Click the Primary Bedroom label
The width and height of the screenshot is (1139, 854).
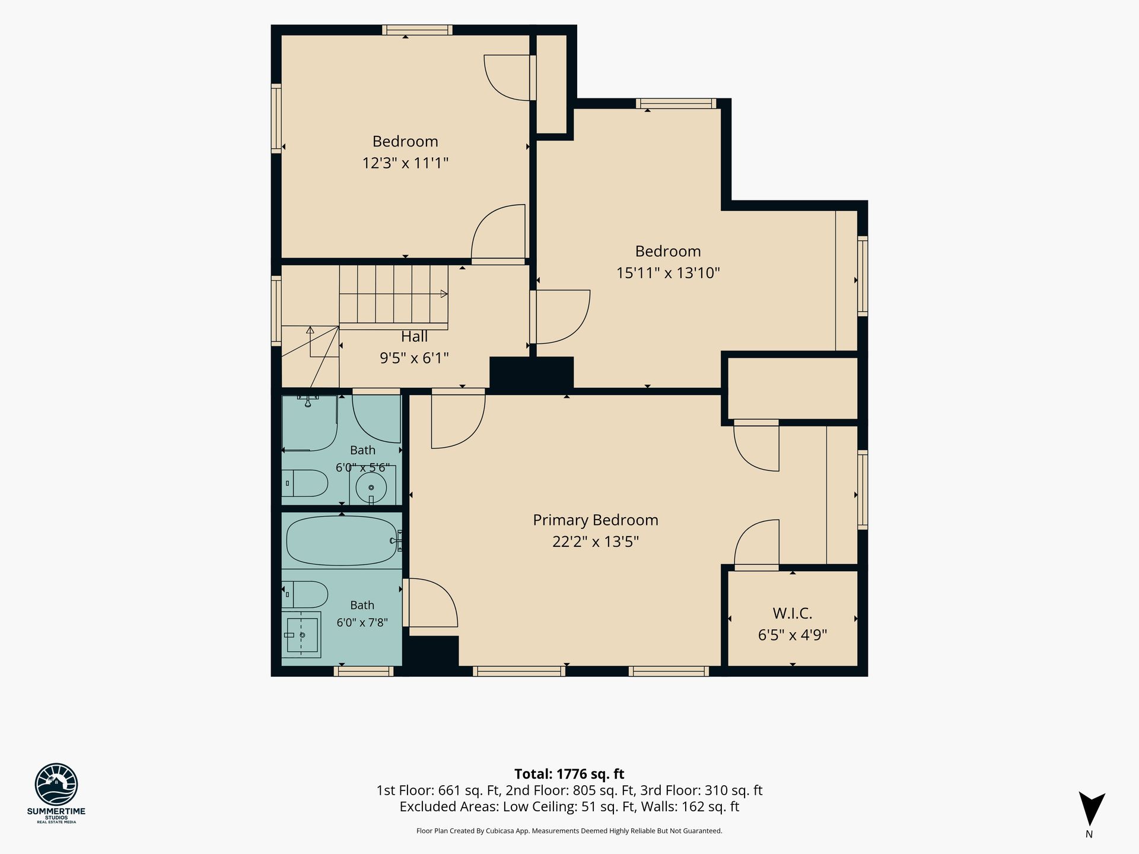pyautogui.click(x=596, y=520)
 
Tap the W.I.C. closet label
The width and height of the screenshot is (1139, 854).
pyautogui.click(x=793, y=613)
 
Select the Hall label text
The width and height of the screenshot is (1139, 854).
pyautogui.click(x=414, y=337)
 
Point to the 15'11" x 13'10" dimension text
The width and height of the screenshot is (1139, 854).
pyautogui.click(x=668, y=273)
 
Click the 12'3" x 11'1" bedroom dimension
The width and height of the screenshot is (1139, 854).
pyautogui.click(x=405, y=162)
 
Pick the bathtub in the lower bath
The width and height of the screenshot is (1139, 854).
pyautogui.click(x=343, y=540)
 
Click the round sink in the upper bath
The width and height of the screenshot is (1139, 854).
pyautogui.click(x=371, y=487)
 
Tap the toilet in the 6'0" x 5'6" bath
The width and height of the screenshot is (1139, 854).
pyautogui.click(x=305, y=483)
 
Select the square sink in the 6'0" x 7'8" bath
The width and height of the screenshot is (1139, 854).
pyautogui.click(x=301, y=635)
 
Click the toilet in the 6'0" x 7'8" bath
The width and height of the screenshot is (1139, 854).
pyautogui.click(x=305, y=594)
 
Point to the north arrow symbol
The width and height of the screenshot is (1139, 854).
pyautogui.click(x=1092, y=810)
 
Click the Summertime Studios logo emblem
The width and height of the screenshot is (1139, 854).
pyautogui.click(x=56, y=784)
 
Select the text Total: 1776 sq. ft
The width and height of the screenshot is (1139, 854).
pyautogui.click(x=569, y=774)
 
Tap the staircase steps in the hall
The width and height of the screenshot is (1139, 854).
pyautogui.click(x=393, y=294)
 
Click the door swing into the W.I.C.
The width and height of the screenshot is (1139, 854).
pyautogui.click(x=756, y=542)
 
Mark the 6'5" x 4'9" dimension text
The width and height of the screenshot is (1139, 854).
pyautogui.click(x=793, y=635)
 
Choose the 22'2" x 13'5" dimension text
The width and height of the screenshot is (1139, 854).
pyautogui.click(x=596, y=541)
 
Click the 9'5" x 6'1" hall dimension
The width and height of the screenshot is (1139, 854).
pyautogui.click(x=414, y=358)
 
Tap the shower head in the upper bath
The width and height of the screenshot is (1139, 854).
pyautogui.click(x=308, y=401)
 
